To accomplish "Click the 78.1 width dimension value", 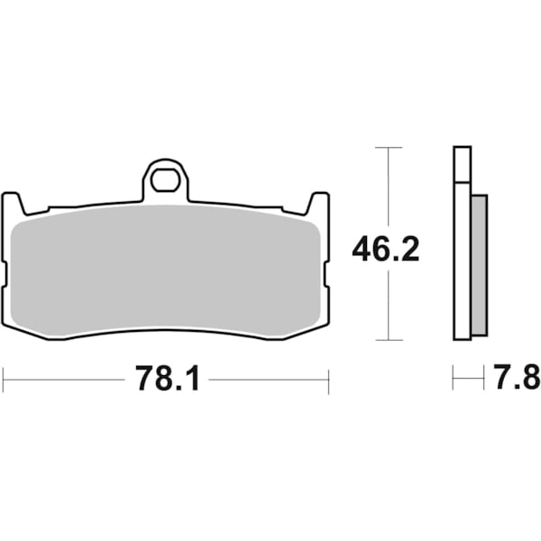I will tap(167, 380).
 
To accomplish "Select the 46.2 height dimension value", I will tap(386, 248).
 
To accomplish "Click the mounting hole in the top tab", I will tap(165, 180).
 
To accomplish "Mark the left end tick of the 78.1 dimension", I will tap(3, 380).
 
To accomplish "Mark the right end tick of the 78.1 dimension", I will tap(328, 380).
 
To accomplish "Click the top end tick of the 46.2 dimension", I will tap(388, 147).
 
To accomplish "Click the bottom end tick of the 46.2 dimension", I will tap(388, 340).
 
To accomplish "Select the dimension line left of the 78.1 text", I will tap(63, 380).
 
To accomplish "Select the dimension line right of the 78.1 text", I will tap(268, 380).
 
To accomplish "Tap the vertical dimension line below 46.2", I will tap(388, 307).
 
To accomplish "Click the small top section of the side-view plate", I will tap(462, 163).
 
